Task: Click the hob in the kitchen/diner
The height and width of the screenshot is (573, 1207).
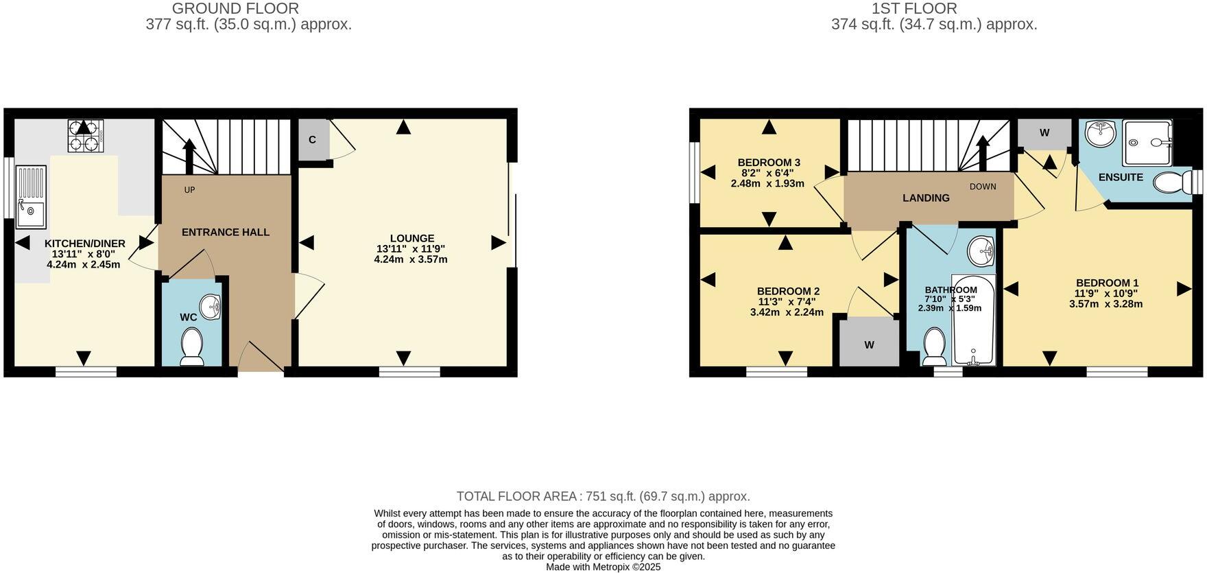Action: pyautogui.click(x=85, y=135)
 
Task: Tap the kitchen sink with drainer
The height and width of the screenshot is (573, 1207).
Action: pyautogui.click(x=32, y=197)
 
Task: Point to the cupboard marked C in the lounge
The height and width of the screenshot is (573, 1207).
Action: pyautogui.click(x=313, y=140)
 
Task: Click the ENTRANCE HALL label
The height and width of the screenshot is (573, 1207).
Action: pyautogui.click(x=226, y=233)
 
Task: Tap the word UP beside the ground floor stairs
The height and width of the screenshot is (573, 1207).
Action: pyautogui.click(x=189, y=189)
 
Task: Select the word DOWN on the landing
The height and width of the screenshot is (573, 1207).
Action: pyautogui.click(x=983, y=187)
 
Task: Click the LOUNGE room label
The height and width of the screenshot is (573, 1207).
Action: pyautogui.click(x=412, y=238)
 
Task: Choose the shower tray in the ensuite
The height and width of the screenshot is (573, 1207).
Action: pyautogui.click(x=1147, y=143)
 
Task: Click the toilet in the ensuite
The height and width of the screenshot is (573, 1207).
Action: pyautogui.click(x=1173, y=183)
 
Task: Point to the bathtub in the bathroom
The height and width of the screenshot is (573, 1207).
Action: pyautogui.click(x=974, y=320)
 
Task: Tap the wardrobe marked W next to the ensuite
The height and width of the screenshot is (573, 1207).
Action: pyautogui.click(x=1044, y=133)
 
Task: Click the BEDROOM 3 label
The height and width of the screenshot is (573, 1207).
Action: pyautogui.click(x=769, y=163)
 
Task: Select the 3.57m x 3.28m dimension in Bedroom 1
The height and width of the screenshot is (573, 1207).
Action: pyautogui.click(x=1106, y=304)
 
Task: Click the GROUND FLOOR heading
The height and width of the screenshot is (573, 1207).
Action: pyautogui.click(x=235, y=9)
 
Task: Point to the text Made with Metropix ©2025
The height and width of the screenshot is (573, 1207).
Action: pyautogui.click(x=603, y=567)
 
